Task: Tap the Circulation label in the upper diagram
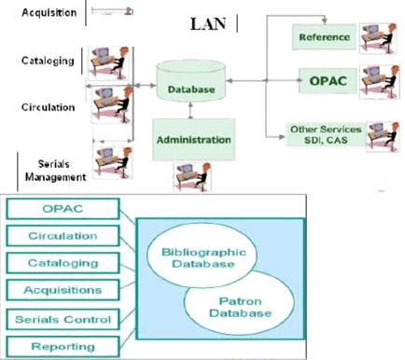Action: [x=47, y=106]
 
